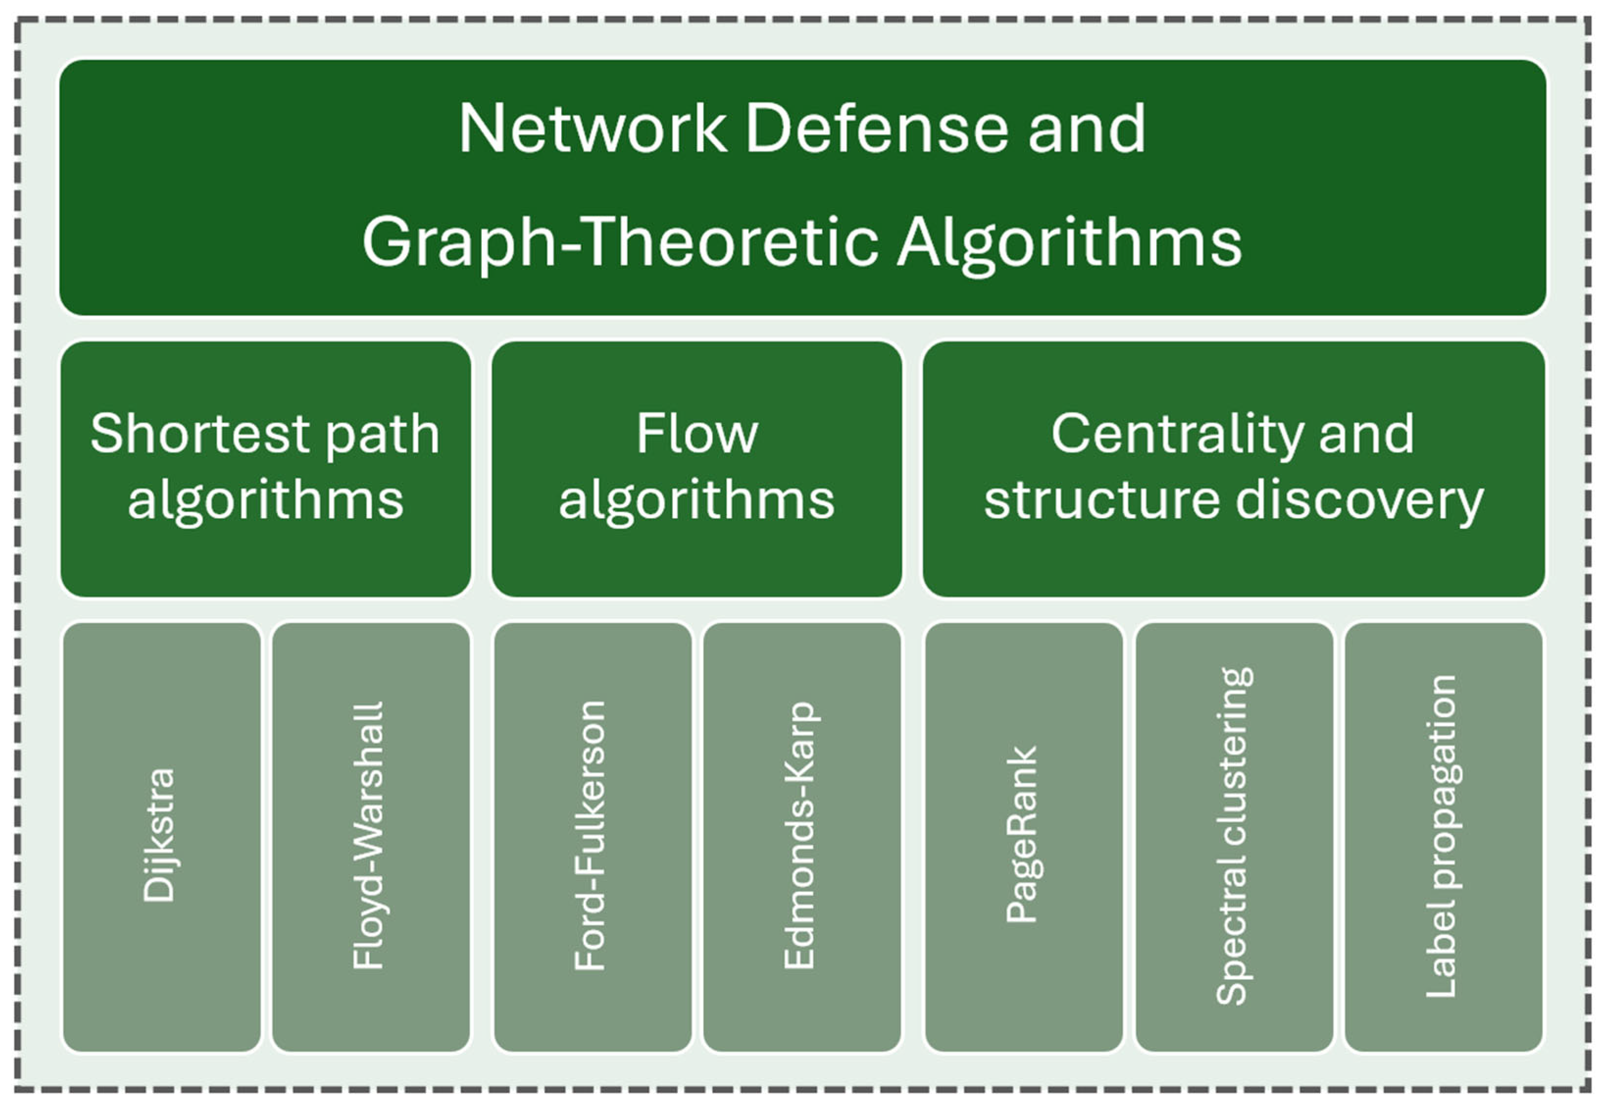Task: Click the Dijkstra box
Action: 162,837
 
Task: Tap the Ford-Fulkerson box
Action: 593,837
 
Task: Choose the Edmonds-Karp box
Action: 802,837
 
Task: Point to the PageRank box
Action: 1023,837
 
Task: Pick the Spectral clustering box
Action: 1234,837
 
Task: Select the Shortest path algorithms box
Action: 266,469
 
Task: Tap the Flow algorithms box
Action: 696,469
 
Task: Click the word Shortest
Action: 200,434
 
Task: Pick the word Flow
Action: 696,434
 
